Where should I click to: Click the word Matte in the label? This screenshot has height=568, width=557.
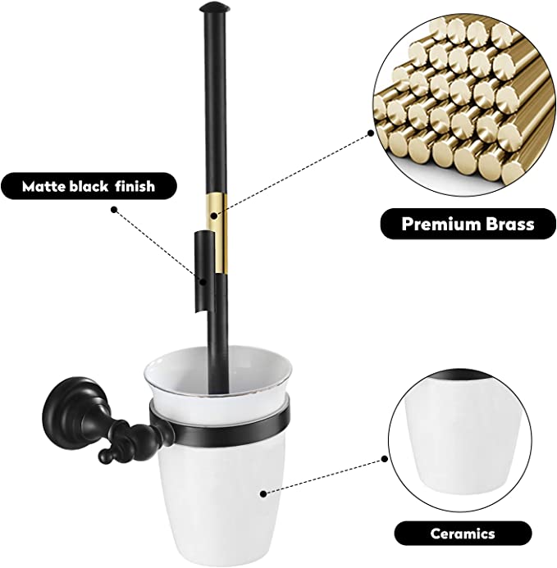click(x=43, y=186)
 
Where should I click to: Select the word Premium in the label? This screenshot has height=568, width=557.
click(x=441, y=224)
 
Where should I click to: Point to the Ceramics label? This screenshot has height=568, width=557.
click(x=463, y=534)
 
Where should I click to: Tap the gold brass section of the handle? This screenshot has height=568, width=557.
click(x=217, y=234)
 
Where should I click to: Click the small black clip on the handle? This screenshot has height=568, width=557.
click(x=203, y=270)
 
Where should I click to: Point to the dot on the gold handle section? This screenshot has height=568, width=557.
click(x=214, y=216)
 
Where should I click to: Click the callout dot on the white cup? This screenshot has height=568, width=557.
click(x=263, y=493)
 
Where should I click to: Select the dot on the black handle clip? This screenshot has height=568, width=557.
click(x=203, y=281)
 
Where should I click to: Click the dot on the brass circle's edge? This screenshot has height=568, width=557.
click(x=371, y=133)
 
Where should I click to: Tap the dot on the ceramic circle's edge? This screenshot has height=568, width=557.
click(x=384, y=459)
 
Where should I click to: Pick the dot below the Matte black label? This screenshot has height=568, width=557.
click(x=114, y=209)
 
